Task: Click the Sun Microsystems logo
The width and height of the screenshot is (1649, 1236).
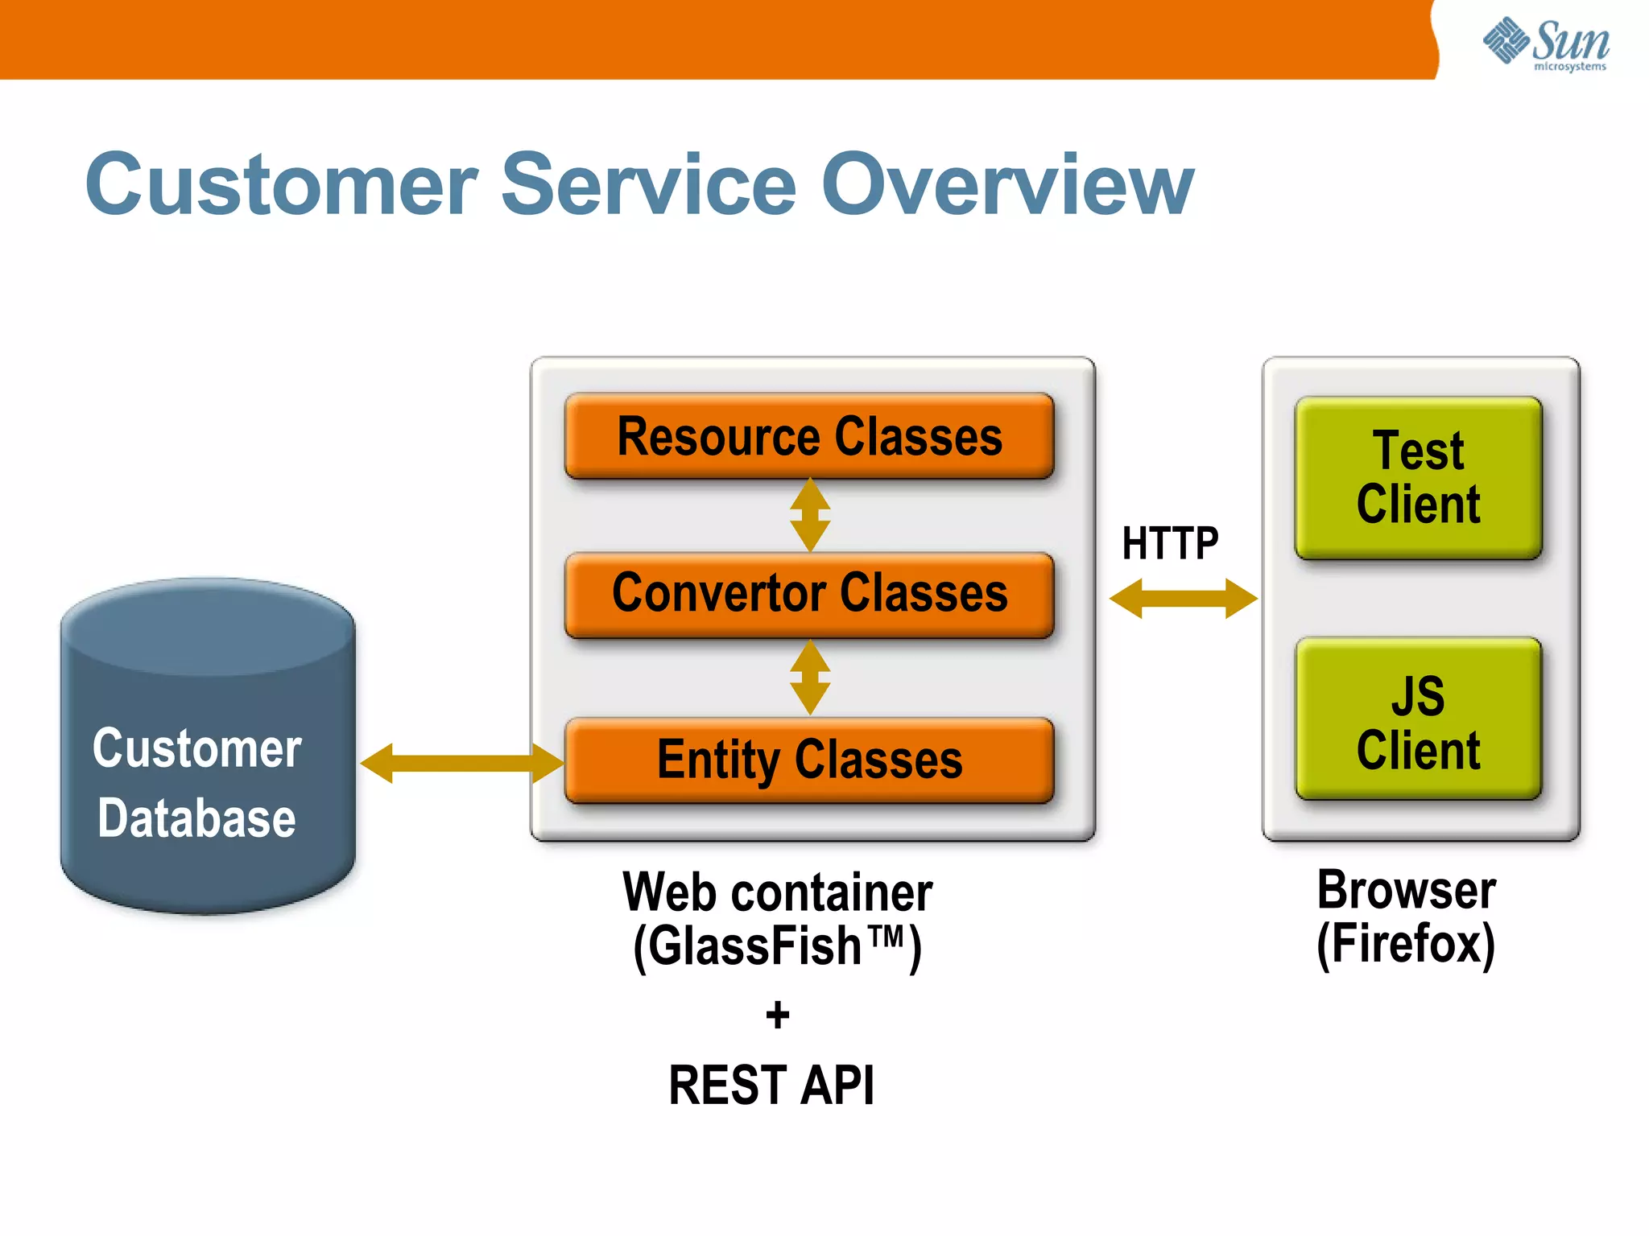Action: point(1546,43)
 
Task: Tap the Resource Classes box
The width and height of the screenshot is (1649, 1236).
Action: point(809,436)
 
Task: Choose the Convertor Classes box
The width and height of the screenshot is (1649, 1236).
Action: point(809,594)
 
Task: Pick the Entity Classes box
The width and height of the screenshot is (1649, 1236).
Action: point(809,760)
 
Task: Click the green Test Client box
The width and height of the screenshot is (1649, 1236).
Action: point(1418,477)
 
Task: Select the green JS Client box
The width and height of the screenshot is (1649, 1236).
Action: point(1418,719)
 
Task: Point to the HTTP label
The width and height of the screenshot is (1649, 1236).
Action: point(1170,543)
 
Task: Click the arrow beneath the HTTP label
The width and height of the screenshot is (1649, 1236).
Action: point(1183,598)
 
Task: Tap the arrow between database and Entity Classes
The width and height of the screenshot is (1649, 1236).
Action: point(461,763)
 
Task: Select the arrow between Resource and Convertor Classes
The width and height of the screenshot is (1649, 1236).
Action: point(810,515)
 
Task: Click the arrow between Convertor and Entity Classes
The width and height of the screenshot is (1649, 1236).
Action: point(810,678)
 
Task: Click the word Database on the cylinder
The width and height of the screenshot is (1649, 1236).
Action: point(197,818)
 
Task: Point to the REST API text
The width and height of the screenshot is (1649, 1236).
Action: point(771,1086)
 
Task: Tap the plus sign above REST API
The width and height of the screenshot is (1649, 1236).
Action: point(778,1015)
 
